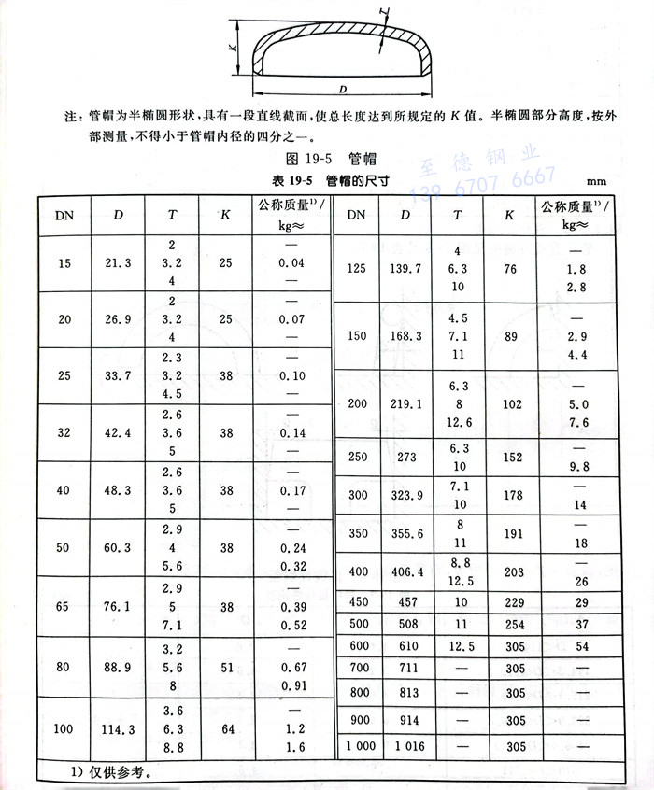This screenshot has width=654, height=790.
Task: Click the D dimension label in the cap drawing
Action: point(343,90)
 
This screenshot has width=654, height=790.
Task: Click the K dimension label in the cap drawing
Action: point(233,47)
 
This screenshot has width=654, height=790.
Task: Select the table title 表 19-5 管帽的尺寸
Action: point(304,179)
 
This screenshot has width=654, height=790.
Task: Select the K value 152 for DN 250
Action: point(508,458)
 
